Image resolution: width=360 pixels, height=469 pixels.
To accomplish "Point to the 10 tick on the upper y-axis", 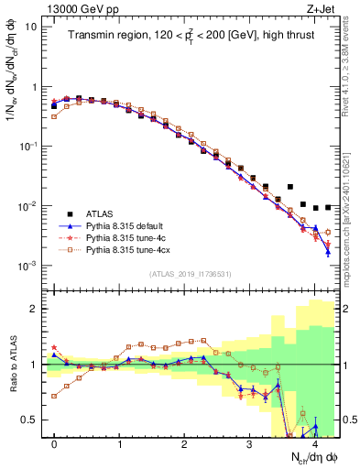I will pyautogui.click(x=29, y=27).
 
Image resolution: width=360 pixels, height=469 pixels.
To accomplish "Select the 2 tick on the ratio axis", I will pyautogui.click(x=34, y=309).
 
